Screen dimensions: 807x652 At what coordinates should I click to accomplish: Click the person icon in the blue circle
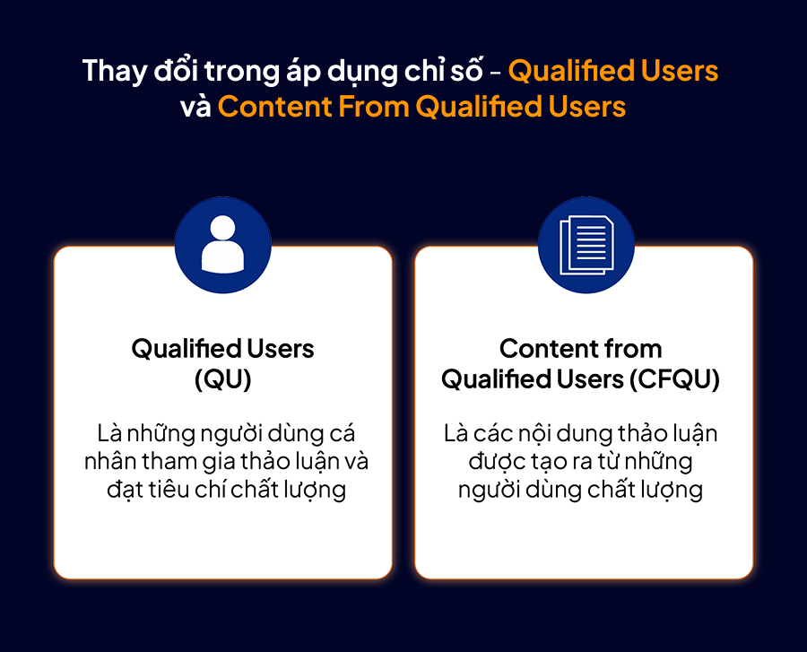click(x=223, y=244)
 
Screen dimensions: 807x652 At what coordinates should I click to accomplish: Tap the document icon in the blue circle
click(x=586, y=246)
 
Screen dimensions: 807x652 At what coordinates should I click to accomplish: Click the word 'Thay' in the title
click(x=115, y=72)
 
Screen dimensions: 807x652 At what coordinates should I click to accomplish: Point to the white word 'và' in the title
click(x=195, y=107)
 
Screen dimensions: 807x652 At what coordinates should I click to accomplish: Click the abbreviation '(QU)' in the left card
click(x=223, y=379)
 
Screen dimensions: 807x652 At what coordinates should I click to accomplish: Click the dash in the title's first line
click(x=495, y=73)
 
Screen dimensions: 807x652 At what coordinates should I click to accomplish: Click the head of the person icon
click(x=223, y=228)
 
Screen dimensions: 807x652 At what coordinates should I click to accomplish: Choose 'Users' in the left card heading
click(x=281, y=349)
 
